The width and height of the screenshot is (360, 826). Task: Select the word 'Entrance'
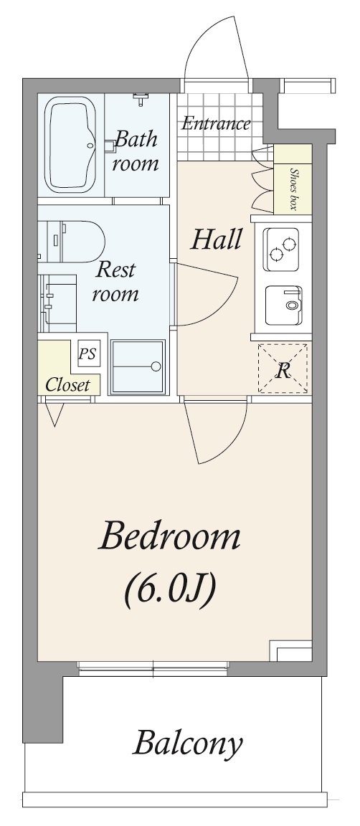coord(215,123)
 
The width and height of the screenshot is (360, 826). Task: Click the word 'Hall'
coord(216,239)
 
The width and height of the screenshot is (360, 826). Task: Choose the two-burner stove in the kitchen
coord(282,249)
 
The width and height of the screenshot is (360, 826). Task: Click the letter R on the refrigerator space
coord(284,371)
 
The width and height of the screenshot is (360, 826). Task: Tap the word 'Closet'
coord(67,384)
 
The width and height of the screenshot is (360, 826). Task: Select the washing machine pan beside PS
coord(138,366)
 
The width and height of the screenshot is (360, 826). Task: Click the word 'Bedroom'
coord(169,537)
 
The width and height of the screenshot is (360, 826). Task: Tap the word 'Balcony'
coord(188,744)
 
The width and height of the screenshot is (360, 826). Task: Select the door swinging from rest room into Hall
coord(204,295)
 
